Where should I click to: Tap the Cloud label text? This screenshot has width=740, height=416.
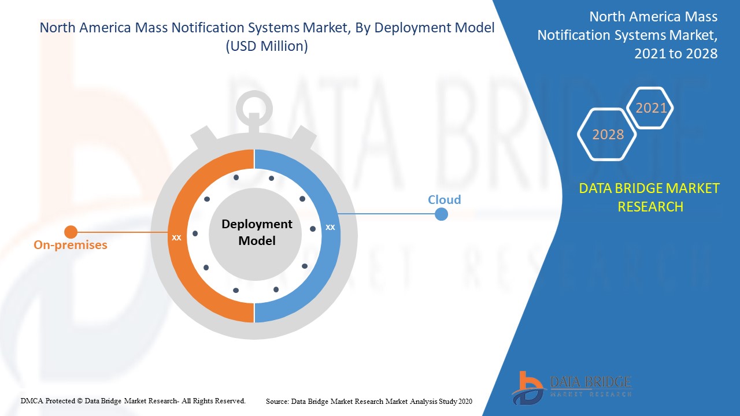pyautogui.click(x=444, y=200)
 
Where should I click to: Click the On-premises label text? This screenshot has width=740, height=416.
pyautogui.click(x=71, y=245)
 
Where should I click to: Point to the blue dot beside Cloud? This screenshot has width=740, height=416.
pyautogui.click(x=441, y=214)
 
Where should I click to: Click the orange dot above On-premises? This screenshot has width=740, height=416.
pyautogui.click(x=71, y=232)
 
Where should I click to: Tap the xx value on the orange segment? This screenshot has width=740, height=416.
pyautogui.click(x=177, y=237)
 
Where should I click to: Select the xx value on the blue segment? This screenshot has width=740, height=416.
pyautogui.click(x=330, y=227)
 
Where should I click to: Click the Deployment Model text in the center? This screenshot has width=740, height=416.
pyautogui.click(x=257, y=232)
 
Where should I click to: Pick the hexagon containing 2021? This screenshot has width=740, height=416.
pyautogui.click(x=650, y=108)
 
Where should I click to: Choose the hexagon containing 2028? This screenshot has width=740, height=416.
pyautogui.click(x=607, y=134)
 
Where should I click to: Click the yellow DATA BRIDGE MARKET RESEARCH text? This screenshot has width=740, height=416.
pyautogui.click(x=650, y=197)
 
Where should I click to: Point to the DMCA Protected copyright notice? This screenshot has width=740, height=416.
pyautogui.click(x=134, y=400)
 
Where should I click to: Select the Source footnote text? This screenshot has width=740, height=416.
pyautogui.click(x=369, y=401)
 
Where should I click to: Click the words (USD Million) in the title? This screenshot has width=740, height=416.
pyautogui.click(x=267, y=46)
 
